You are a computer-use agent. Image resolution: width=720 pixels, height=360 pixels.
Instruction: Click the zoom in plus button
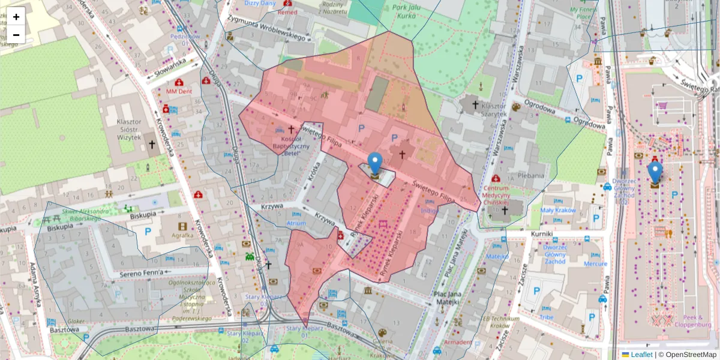click(x=16, y=17)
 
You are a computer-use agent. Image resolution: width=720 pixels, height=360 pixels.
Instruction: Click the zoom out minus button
click(x=16, y=35)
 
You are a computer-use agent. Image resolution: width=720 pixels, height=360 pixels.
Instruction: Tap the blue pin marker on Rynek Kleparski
click(x=375, y=164)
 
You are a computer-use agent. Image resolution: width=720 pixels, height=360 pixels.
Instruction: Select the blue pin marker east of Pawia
click(x=655, y=173)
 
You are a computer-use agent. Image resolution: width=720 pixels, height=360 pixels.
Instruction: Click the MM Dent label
click(x=179, y=92)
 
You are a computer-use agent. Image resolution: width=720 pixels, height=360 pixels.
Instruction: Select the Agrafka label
click(x=182, y=235)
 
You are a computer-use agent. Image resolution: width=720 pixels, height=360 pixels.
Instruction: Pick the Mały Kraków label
click(x=558, y=211)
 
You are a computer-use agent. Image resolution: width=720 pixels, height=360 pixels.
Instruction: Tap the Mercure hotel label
click(x=595, y=263)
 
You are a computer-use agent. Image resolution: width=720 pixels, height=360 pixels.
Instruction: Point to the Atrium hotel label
click(x=296, y=223)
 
